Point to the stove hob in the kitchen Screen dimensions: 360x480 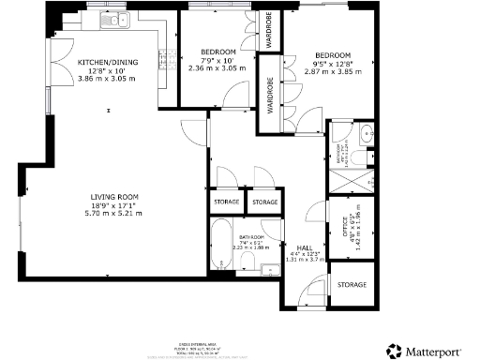click(x=166, y=58)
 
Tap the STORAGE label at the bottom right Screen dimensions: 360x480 click(x=351, y=284)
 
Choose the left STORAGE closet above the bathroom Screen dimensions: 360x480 click(x=227, y=202)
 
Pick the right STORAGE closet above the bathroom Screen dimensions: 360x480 click(x=264, y=202)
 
